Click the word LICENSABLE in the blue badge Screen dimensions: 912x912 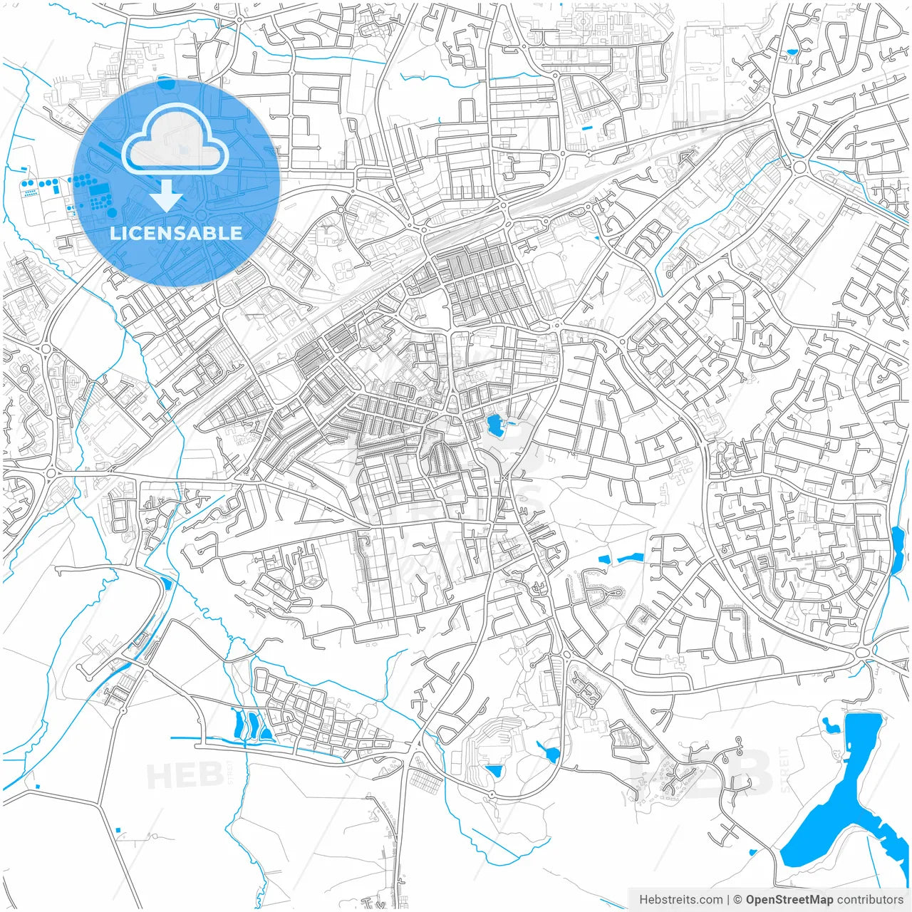point(176,233)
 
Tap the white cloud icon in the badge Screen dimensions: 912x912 point(175,140)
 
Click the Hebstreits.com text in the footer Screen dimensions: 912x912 point(681,900)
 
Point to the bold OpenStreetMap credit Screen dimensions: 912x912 point(789,900)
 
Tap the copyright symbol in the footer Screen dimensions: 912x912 point(738,900)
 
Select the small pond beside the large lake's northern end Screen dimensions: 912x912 point(830,725)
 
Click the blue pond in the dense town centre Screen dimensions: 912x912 point(493,425)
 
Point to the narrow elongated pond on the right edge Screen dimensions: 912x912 point(897,550)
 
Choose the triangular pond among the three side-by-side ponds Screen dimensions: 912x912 point(265,730)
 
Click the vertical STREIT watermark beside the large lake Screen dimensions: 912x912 point(785,769)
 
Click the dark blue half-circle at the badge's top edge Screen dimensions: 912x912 point(166,83)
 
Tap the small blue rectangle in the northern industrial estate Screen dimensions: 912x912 point(586,128)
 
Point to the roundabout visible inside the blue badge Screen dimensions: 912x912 point(200,214)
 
